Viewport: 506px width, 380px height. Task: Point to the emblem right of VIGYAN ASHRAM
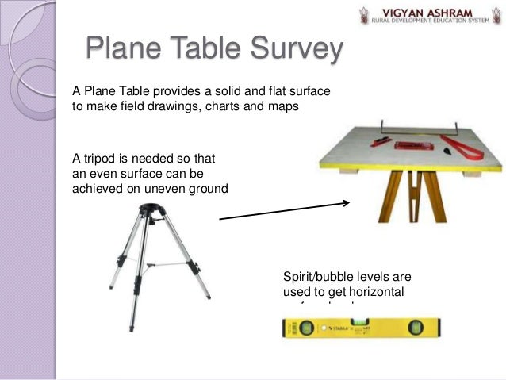click(x=495, y=15)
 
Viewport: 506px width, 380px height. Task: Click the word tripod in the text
click(x=102, y=158)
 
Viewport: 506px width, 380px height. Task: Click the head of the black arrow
click(x=347, y=203)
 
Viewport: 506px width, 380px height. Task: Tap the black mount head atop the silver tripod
click(x=149, y=211)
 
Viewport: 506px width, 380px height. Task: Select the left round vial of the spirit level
click(x=301, y=327)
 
